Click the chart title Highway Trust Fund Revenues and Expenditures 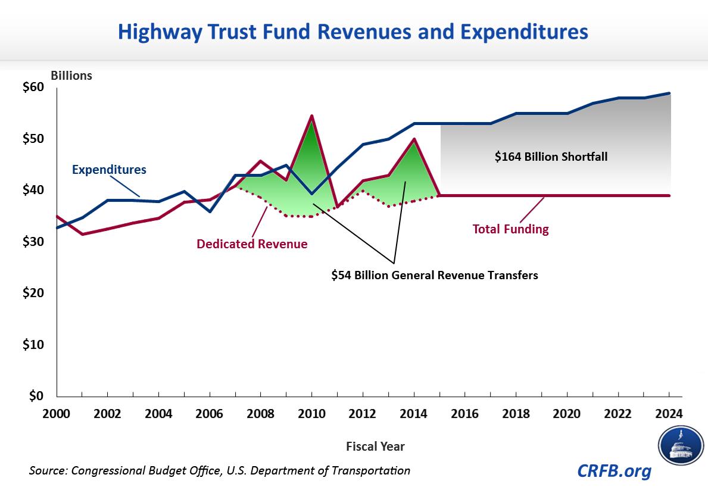[x=353, y=31]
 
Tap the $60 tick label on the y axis [x=33, y=87]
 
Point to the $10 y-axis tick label [x=33, y=345]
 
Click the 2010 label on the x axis [x=311, y=413]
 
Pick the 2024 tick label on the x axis [x=669, y=413]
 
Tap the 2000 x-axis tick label [x=57, y=413]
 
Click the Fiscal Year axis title [x=375, y=446]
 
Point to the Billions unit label [x=71, y=76]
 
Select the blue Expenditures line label [x=109, y=170]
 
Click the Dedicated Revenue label [x=252, y=244]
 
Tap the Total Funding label [x=510, y=229]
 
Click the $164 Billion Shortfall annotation [x=551, y=157]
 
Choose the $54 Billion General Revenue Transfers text [x=435, y=276]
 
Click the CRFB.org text [x=614, y=471]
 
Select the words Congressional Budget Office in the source [x=151, y=470]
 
